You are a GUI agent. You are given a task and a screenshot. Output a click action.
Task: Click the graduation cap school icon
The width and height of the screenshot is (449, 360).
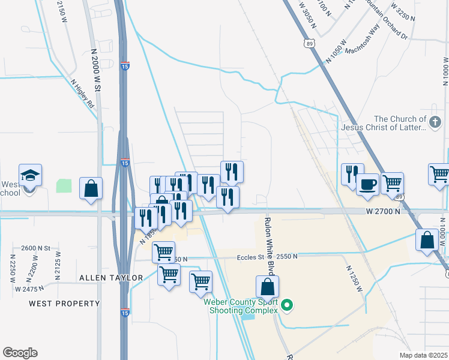[x=30, y=176]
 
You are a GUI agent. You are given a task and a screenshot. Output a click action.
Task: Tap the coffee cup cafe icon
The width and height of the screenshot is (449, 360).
[x=367, y=184]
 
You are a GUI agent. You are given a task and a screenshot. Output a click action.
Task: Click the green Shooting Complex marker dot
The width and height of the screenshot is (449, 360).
[x=288, y=306]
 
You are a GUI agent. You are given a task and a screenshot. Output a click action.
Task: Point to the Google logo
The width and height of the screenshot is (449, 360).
[x=20, y=353]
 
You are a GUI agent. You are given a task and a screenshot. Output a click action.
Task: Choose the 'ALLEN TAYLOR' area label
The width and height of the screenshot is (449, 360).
[x=111, y=278]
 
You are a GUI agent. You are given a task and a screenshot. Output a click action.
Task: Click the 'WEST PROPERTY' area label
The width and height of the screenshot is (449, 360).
[x=65, y=304]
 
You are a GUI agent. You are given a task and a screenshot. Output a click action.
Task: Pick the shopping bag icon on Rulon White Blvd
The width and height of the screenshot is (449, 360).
[x=268, y=287]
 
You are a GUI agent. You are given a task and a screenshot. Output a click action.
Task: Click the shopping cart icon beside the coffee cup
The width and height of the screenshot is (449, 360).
[x=392, y=182]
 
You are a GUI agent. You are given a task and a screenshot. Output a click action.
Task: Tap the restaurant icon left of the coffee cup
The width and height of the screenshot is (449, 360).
[x=352, y=173]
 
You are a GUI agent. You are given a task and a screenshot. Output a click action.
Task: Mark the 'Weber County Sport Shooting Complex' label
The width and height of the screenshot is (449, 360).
[x=240, y=306]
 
